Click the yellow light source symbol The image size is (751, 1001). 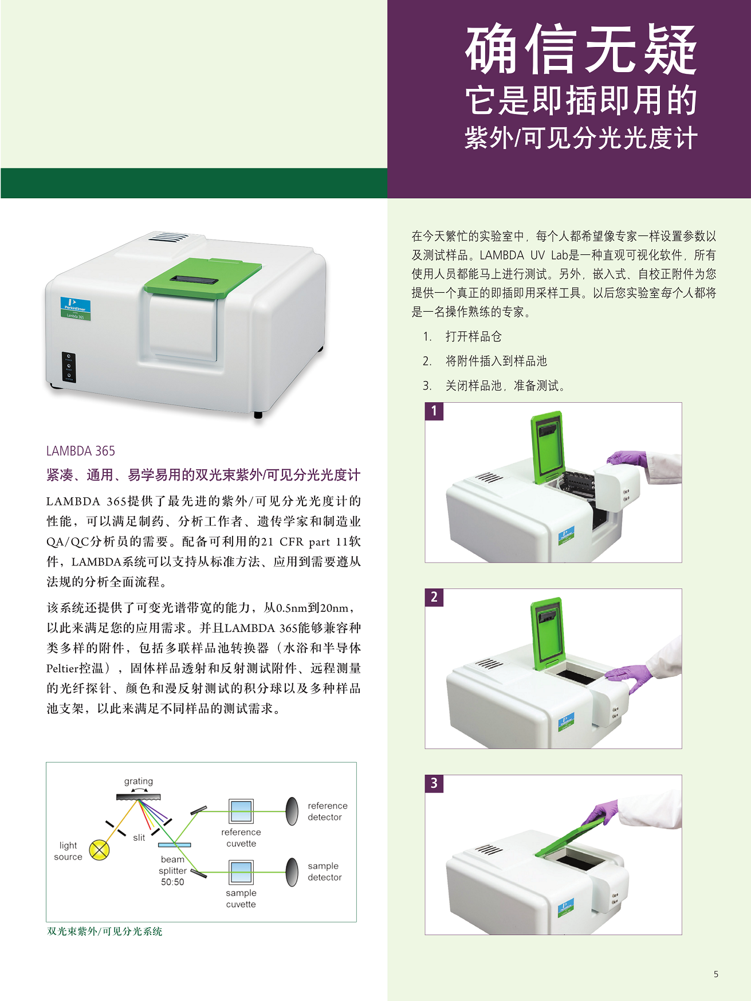[x=100, y=850]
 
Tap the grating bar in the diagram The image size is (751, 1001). [x=138, y=796]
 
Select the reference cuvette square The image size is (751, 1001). [x=241, y=811]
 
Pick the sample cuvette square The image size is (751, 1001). [x=241, y=872]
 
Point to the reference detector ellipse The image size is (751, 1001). [x=292, y=811]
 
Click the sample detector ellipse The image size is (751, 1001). [x=292, y=872]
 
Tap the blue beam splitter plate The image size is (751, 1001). [x=174, y=845]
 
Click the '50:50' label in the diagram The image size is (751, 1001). [x=172, y=882]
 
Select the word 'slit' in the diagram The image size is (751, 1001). [x=139, y=838]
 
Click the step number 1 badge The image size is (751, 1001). [x=434, y=411]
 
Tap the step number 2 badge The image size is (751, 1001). [x=434, y=597]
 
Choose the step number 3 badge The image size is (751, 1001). [x=434, y=783]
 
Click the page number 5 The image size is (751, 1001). [x=716, y=974]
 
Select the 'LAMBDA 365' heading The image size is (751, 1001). [x=81, y=451]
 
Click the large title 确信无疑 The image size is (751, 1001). [x=581, y=50]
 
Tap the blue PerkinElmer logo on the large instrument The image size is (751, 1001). [x=76, y=308]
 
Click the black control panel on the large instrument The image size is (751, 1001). [x=69, y=366]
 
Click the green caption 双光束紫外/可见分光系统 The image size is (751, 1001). [x=105, y=932]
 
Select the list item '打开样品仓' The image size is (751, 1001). [x=474, y=336]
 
